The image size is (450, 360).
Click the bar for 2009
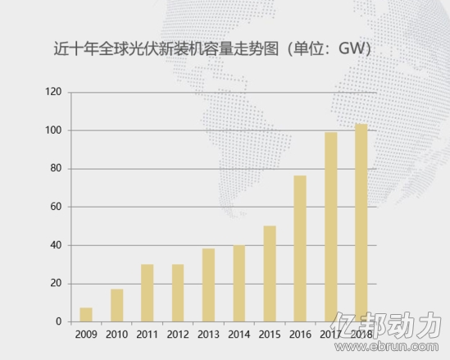(x=86, y=315)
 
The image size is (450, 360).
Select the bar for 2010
(x=117, y=305)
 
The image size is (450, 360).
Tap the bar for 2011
(x=148, y=293)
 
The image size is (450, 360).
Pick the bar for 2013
(x=208, y=285)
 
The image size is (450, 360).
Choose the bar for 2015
(x=270, y=274)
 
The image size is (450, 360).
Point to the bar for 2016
(x=300, y=248)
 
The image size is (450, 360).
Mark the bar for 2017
(x=331, y=227)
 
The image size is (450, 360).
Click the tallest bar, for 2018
(x=361, y=223)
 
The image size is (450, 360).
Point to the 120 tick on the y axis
(x=53, y=92)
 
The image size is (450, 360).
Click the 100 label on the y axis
(x=53, y=130)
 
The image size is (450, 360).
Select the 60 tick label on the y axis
(x=56, y=207)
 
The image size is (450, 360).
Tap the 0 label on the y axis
(x=58, y=321)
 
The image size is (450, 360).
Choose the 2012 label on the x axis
(x=178, y=335)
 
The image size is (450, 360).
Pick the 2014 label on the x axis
(x=239, y=335)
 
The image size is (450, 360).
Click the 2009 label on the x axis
(x=86, y=335)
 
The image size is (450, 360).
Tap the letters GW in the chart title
(x=352, y=48)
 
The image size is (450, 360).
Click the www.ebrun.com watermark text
(x=387, y=347)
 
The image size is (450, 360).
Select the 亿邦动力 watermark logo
(x=386, y=325)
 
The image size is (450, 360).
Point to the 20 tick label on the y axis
(x=56, y=284)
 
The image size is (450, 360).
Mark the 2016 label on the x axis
(x=300, y=335)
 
